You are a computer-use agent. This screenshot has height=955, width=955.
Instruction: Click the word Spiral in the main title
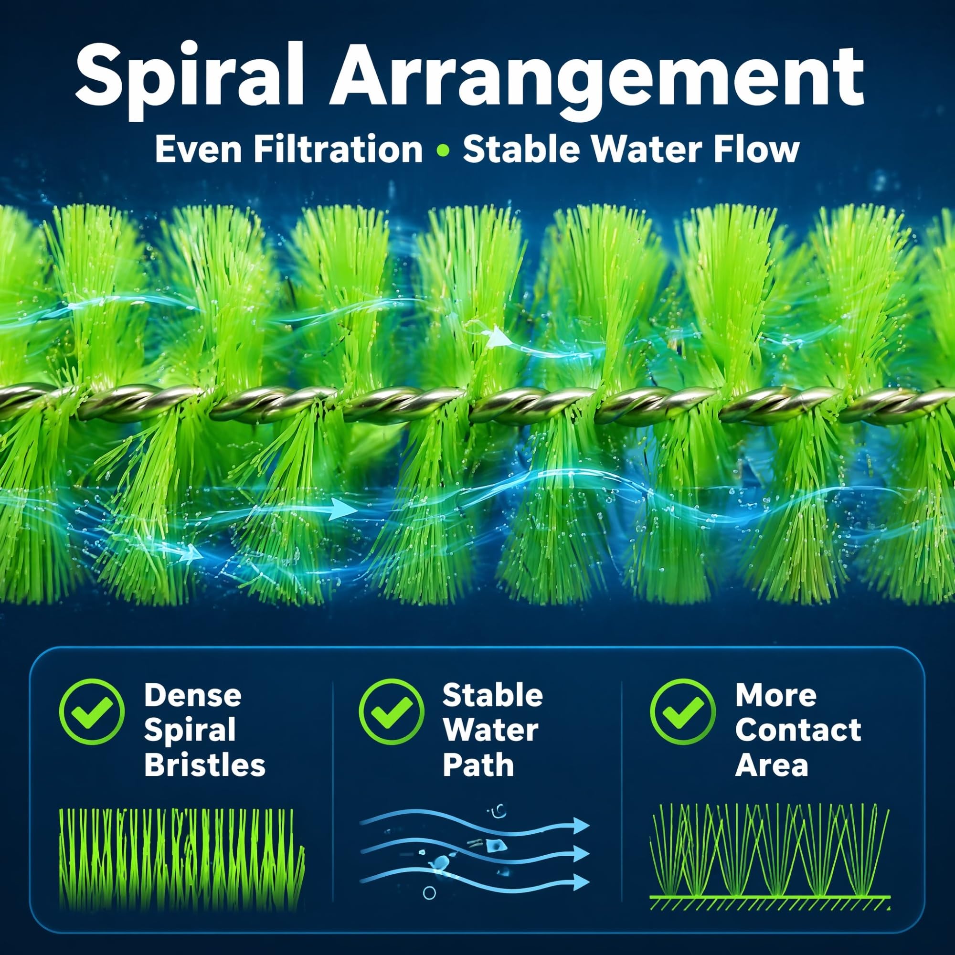click(189, 80)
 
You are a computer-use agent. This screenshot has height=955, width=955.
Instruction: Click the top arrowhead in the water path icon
click(582, 825)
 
